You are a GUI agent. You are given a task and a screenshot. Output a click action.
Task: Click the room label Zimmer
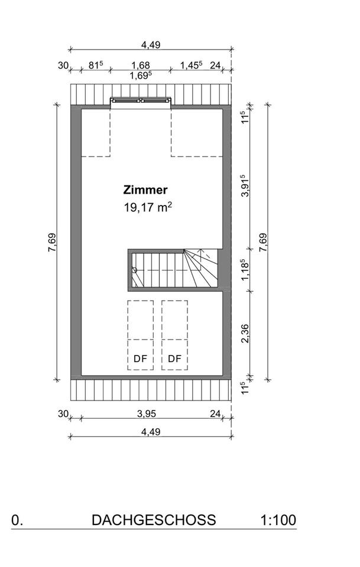click(145, 190)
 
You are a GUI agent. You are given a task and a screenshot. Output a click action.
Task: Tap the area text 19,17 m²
click(148, 207)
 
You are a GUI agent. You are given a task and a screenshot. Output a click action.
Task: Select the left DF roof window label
click(140, 359)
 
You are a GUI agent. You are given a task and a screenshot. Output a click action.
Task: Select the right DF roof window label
click(174, 359)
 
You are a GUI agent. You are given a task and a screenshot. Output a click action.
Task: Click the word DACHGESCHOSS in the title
click(154, 520)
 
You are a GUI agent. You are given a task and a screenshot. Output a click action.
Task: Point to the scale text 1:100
click(278, 520)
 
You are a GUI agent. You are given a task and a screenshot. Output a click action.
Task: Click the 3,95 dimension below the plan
click(147, 413)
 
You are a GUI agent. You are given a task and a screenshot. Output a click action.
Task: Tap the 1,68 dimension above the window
click(140, 65)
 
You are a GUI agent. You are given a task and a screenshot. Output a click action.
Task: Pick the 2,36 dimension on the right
click(245, 333)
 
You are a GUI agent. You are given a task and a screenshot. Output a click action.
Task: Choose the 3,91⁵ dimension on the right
click(245, 185)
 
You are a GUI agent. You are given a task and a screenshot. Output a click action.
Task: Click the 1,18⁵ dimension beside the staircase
click(245, 269)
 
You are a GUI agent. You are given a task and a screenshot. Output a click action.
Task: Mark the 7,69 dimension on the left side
click(52, 243)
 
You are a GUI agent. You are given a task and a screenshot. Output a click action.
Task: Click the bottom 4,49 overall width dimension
click(151, 432)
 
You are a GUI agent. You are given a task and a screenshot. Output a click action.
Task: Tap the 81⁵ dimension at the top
click(96, 65)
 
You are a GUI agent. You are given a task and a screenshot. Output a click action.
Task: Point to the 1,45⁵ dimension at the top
click(192, 65)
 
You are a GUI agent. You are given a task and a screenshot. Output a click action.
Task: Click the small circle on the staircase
click(135, 270)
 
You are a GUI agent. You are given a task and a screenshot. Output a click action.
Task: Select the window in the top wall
click(140, 100)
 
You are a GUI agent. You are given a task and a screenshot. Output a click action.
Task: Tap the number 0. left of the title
click(17, 520)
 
